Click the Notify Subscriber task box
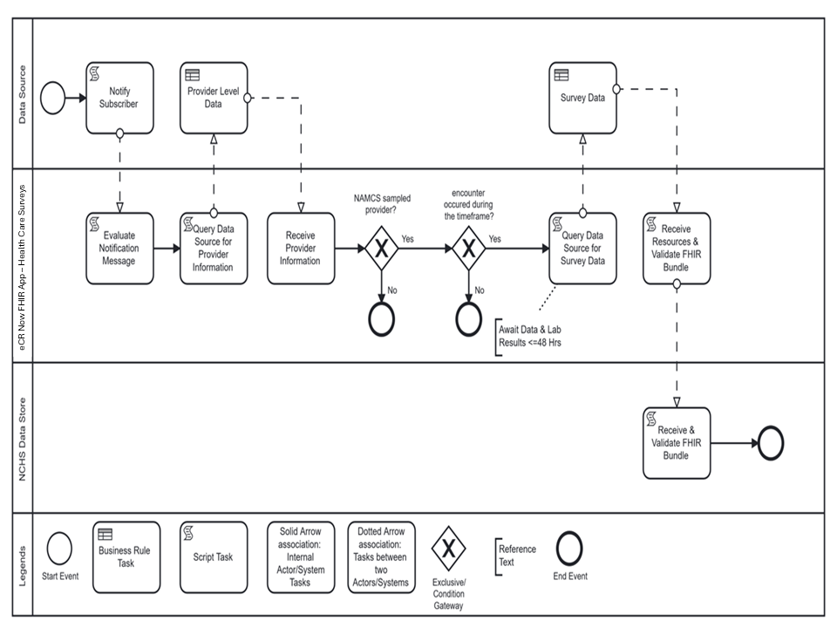coord(119,98)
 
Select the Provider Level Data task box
coord(214,98)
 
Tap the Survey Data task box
coord(583,98)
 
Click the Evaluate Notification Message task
coord(119,249)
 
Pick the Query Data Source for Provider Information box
coord(214,249)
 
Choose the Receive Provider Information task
coord(300,249)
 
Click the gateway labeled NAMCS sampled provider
coord(381,249)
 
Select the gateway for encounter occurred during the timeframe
coord(468,249)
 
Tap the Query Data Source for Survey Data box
coord(583,249)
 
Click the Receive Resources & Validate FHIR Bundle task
coord(677,249)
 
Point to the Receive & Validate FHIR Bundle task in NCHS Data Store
coord(677,443)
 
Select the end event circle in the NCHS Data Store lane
coord(772,443)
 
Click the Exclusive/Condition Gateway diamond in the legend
coord(449,549)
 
